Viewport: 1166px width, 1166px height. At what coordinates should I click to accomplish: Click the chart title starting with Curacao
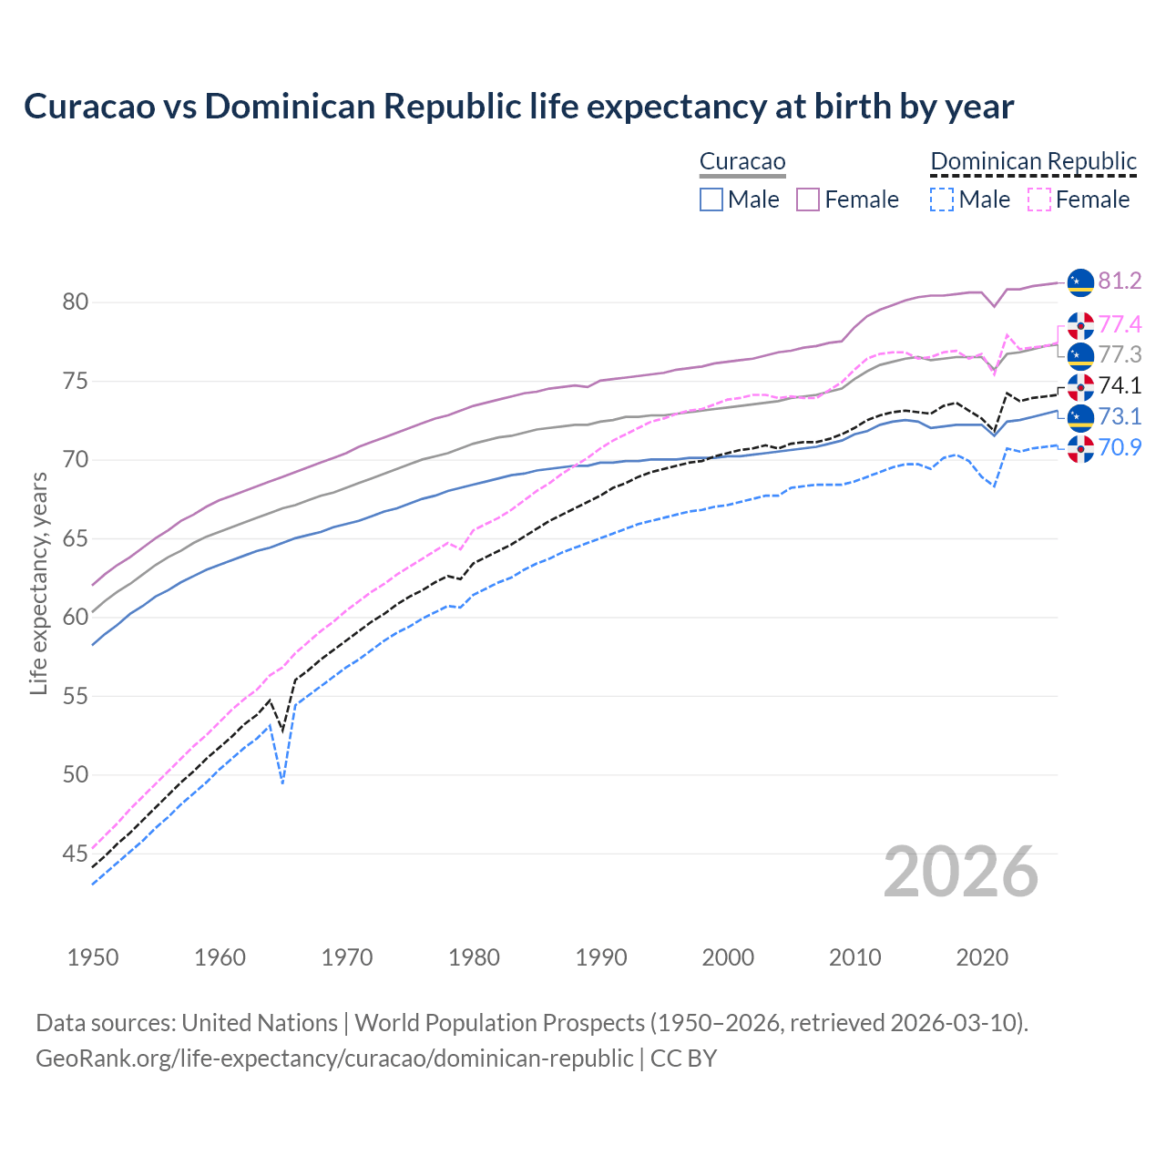(x=518, y=107)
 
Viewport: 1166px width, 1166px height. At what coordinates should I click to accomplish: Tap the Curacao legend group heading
(x=742, y=161)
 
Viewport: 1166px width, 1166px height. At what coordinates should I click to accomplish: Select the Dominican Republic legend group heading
(x=1033, y=161)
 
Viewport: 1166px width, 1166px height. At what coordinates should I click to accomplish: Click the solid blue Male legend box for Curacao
(x=711, y=199)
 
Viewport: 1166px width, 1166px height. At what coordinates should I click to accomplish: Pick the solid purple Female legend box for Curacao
(x=808, y=199)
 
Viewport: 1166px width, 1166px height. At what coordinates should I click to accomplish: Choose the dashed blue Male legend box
(x=942, y=199)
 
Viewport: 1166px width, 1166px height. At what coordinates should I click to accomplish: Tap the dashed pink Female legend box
(x=1038, y=199)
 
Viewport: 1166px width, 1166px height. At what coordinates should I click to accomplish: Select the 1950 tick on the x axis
(x=93, y=957)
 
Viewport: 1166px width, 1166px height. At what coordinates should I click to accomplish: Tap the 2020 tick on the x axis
(x=982, y=957)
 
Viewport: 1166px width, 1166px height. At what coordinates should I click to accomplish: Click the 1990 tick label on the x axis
(x=601, y=957)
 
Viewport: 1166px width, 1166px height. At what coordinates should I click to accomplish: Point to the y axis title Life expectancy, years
(x=38, y=583)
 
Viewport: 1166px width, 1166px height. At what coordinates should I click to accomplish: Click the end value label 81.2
(x=1120, y=281)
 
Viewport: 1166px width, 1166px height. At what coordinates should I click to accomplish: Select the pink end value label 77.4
(x=1120, y=324)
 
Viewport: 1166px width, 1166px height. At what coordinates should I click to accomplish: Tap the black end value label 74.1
(x=1120, y=385)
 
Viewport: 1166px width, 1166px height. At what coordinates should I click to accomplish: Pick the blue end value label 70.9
(x=1120, y=447)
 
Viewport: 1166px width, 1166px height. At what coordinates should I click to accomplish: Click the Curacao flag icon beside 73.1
(x=1080, y=417)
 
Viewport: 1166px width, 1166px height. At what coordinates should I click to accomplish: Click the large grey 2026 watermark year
(x=961, y=872)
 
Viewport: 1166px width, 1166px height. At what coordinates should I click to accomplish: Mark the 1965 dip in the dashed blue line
(x=283, y=782)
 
